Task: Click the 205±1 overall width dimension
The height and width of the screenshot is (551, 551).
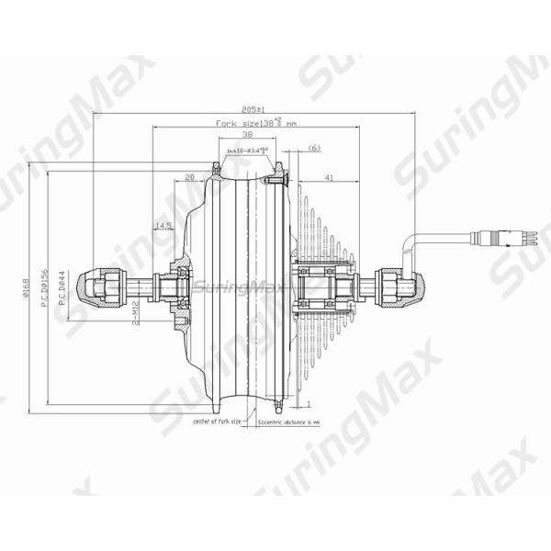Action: pyautogui.click(x=246, y=108)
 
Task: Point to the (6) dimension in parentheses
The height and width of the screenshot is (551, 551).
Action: pyautogui.click(x=314, y=148)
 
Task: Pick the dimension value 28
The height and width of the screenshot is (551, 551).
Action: pyautogui.click(x=190, y=176)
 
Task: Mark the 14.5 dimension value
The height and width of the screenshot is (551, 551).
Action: pyautogui.click(x=163, y=225)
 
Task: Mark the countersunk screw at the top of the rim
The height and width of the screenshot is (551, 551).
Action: pyautogui.click(x=218, y=166)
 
